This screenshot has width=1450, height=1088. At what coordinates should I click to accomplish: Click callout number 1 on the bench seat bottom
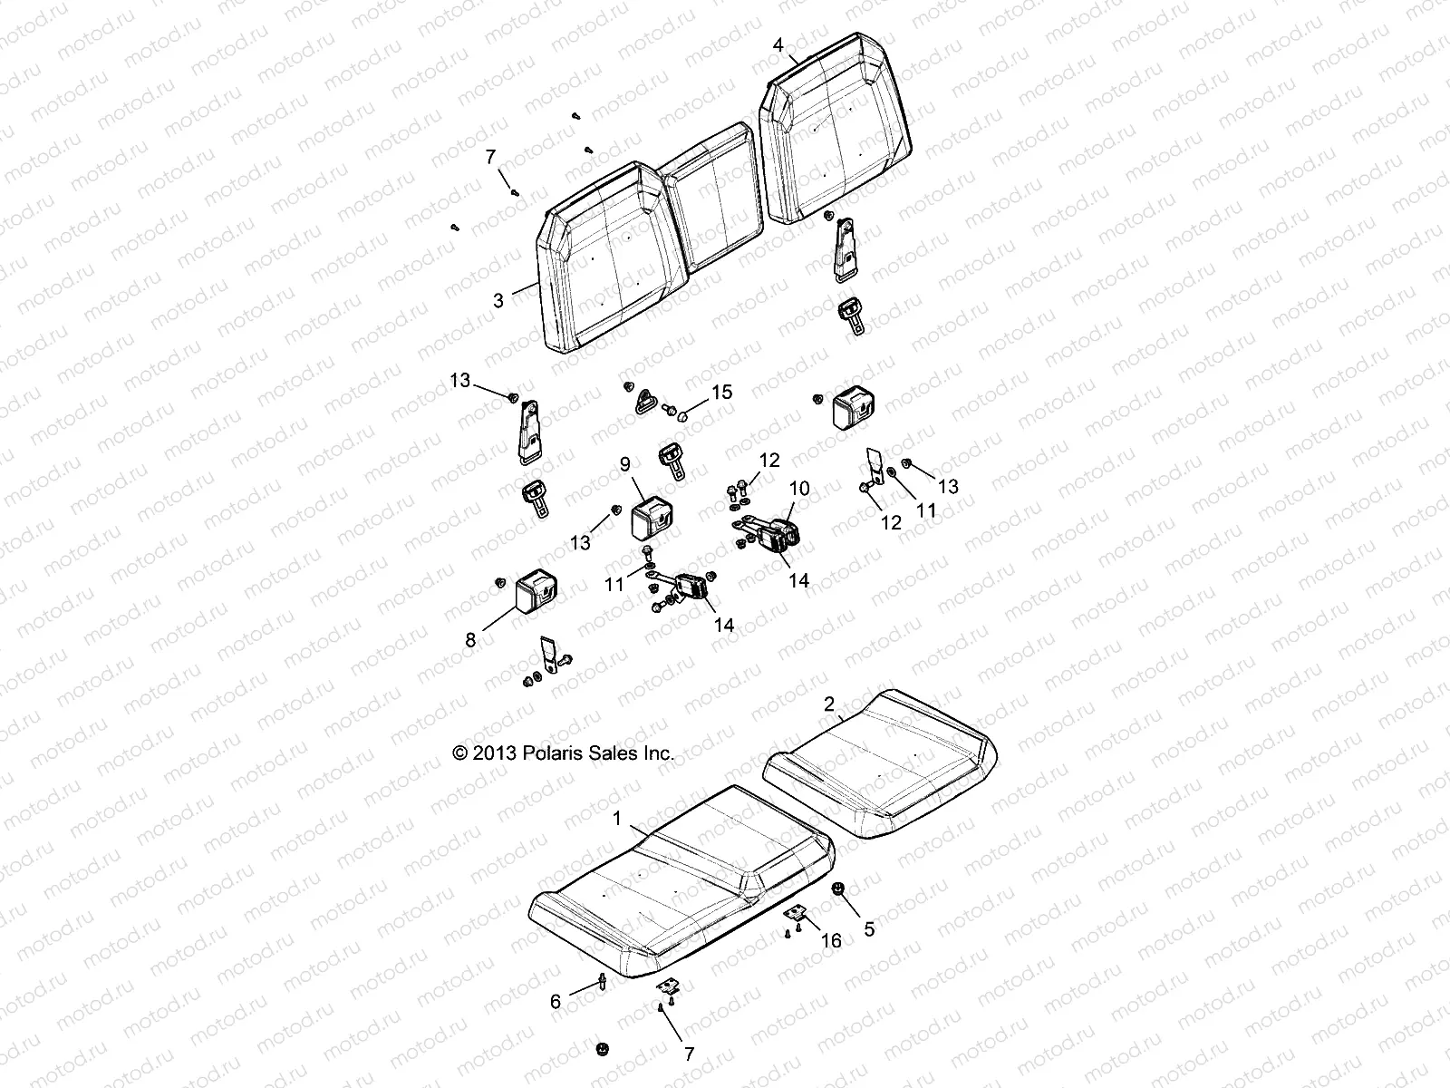pos(617,819)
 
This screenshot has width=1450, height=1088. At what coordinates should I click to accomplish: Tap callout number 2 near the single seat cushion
pos(828,704)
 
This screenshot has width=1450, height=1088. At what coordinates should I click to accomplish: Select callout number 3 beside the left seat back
pos(498,300)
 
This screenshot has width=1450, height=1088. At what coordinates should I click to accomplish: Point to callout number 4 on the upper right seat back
pos(778,44)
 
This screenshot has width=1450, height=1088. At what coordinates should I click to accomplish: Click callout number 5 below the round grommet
pos(869,928)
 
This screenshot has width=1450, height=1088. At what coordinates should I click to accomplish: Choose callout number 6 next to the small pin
pos(556,1002)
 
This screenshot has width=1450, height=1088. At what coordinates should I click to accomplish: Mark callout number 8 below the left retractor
pos(469,640)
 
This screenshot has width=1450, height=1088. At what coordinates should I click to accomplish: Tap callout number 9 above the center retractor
pos(624,464)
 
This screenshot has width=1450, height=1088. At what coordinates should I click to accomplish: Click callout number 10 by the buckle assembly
pos(799,489)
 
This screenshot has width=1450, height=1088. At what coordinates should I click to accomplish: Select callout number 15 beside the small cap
pos(721,393)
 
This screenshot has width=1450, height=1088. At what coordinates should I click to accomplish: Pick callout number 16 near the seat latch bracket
pos(831,941)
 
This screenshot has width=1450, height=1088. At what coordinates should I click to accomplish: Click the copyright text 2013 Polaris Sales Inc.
pos(563,753)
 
